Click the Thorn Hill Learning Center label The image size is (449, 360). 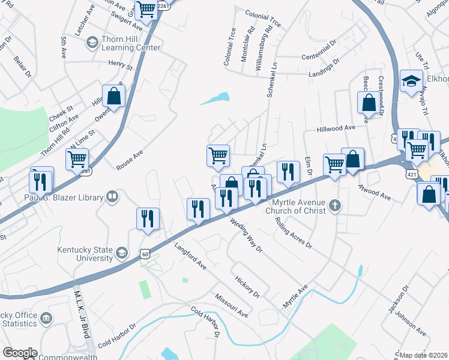pos(130,43)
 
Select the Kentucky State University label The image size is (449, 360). pos(85,253)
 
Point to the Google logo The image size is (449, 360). pos(19,353)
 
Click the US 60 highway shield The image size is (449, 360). pos(145,254)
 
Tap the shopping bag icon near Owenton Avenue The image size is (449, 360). pos(113,96)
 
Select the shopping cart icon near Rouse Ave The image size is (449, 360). pos(77,160)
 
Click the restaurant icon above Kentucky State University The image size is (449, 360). pos(148,218)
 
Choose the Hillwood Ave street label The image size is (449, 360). pos(341,128)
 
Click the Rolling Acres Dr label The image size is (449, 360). pos(294,233)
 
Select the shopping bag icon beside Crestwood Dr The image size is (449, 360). pos(368,103)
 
